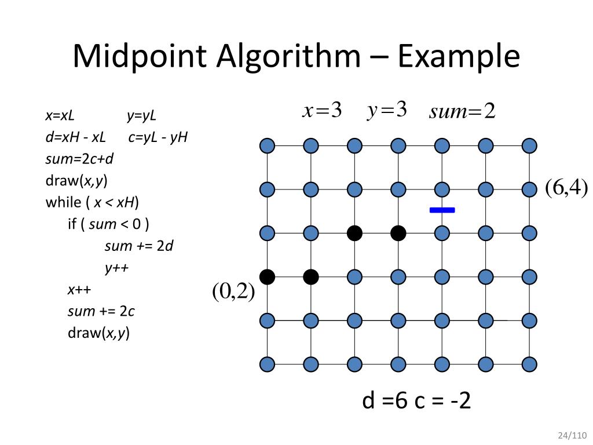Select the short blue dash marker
point(442,210)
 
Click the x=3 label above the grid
point(322,110)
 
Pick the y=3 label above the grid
point(387,110)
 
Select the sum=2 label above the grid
point(462,111)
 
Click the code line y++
point(116,268)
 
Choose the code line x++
point(79,290)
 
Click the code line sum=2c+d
point(80,159)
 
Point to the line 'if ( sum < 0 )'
point(108,224)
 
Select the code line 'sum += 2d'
point(139,246)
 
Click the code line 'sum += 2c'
point(101,311)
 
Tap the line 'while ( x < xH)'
point(93,202)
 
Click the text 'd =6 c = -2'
point(416,401)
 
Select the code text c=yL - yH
point(158,137)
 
